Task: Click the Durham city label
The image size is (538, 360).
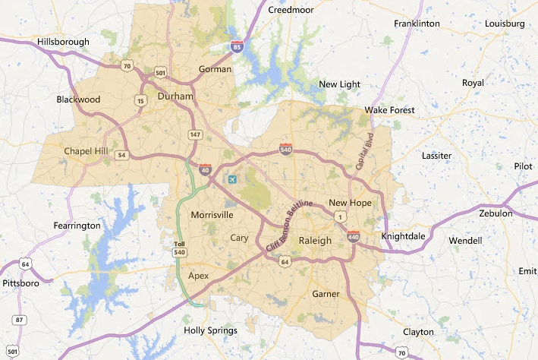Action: point(175,96)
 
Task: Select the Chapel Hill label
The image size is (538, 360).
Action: point(87,151)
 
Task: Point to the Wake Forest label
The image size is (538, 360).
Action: point(390,110)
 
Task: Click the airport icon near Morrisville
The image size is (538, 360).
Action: point(232,179)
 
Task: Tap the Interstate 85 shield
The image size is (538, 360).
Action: point(238,47)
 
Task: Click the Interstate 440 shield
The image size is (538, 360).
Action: point(353,237)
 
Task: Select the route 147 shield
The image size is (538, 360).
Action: point(195,134)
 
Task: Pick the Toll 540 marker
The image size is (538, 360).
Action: point(179,248)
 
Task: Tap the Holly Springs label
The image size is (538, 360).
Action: point(211,330)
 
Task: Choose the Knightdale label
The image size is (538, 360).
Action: point(403,236)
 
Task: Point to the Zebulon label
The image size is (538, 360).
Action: point(496,213)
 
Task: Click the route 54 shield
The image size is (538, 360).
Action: point(121,155)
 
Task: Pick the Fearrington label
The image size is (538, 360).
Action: point(77,226)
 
